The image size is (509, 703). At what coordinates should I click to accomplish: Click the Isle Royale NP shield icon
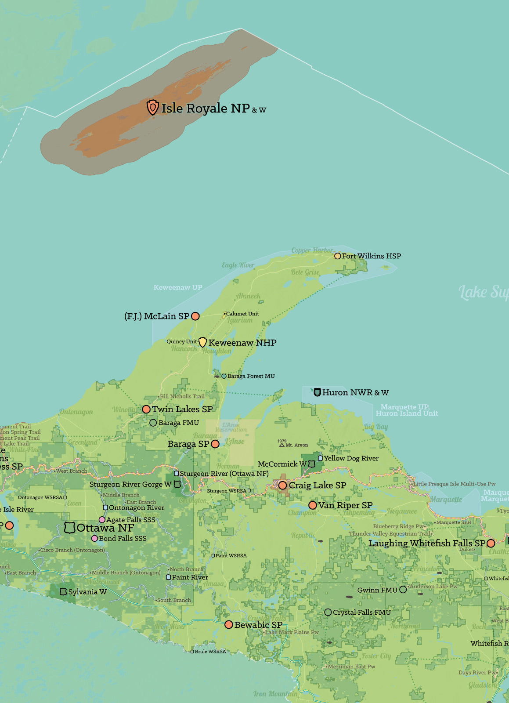click(x=152, y=107)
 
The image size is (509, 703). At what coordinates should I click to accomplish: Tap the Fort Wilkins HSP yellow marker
click(x=337, y=256)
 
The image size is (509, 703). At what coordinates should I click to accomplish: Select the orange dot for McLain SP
click(x=195, y=316)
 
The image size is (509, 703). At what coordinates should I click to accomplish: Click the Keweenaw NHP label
click(x=242, y=343)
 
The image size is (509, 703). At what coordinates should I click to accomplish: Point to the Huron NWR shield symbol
click(x=317, y=392)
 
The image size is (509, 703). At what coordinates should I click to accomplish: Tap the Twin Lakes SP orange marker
click(x=146, y=409)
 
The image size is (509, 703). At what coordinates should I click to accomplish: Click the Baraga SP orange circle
click(x=215, y=444)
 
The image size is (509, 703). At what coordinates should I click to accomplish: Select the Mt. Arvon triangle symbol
click(x=282, y=445)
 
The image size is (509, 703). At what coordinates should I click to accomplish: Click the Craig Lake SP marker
click(x=282, y=485)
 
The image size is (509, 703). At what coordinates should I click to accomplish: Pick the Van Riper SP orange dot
click(x=313, y=505)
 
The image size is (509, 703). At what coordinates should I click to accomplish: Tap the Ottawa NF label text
click(x=105, y=528)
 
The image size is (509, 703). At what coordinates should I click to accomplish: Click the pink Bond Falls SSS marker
click(x=94, y=538)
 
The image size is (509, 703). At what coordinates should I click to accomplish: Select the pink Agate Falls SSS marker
click(x=102, y=519)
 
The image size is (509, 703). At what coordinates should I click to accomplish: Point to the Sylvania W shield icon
click(x=63, y=592)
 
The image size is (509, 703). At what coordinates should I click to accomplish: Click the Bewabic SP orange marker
click(x=228, y=624)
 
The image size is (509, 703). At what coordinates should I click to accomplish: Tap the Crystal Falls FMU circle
click(x=328, y=612)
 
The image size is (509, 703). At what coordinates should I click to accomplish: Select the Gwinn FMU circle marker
click(x=403, y=590)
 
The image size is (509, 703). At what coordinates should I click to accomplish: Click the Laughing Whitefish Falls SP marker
click(x=491, y=544)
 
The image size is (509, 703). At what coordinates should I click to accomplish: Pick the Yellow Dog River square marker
click(x=320, y=458)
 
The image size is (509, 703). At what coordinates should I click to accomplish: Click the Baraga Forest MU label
click(x=251, y=376)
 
